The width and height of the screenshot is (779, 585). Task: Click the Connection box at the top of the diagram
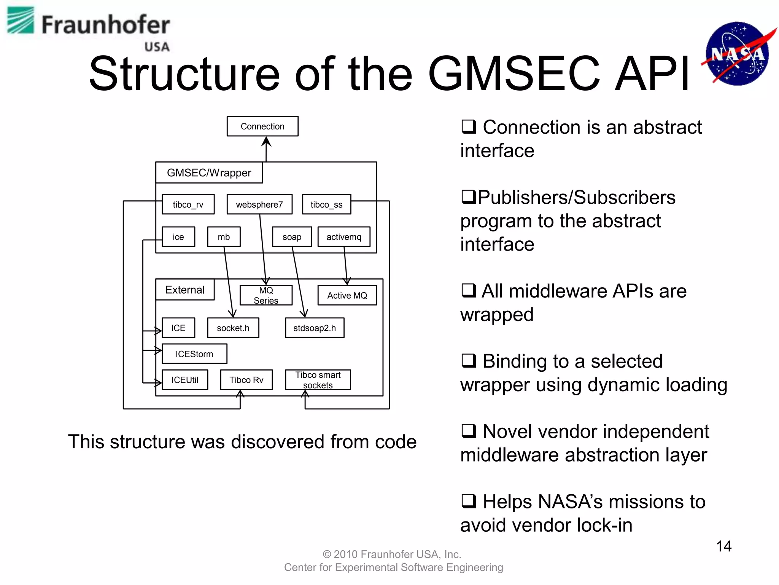262,126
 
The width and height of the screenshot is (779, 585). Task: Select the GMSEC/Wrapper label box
209,173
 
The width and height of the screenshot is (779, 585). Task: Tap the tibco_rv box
188,205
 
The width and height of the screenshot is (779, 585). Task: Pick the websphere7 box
259,205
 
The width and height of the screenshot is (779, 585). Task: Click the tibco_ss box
326,205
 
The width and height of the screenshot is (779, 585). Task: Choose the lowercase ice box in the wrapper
178,237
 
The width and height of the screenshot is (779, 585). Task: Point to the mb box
224,237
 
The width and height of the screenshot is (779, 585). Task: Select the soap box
292,237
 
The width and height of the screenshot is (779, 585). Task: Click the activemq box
344,237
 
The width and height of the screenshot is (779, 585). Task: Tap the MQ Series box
266,295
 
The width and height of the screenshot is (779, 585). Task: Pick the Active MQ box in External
347,295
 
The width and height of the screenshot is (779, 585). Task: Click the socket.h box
233,328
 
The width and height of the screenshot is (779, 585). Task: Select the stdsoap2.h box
315,328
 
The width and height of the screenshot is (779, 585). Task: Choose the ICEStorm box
194,354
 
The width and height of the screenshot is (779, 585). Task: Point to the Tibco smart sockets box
318,380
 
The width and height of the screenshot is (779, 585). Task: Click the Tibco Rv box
246,380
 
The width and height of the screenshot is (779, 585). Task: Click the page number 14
723,546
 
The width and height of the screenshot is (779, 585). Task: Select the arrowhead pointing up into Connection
266,141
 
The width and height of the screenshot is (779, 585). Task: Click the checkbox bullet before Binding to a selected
469,360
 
